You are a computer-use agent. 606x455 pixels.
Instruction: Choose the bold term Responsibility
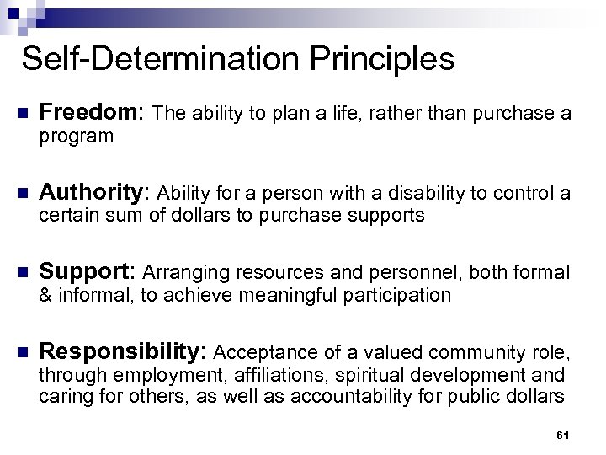(x=128, y=352)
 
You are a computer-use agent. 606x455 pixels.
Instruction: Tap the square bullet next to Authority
(x=23, y=195)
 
